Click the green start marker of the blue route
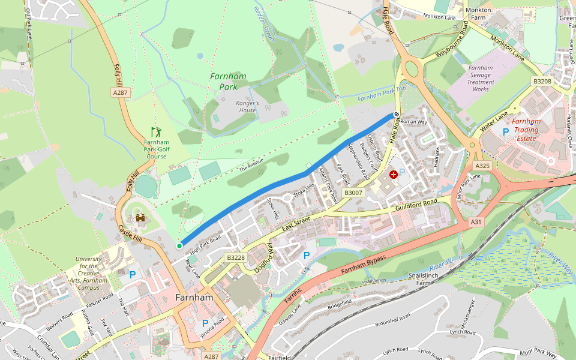pos(179,245)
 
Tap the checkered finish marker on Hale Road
pos(397,114)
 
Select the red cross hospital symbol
pos(394,175)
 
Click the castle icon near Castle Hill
pos(141,220)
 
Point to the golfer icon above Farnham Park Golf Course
pos(157,131)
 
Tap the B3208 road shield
pos(542,81)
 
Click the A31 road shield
pos(476,222)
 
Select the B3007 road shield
pos(353,193)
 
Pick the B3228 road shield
pos(236,257)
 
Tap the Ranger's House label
pos(247,106)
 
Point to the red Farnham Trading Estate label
pos(526,130)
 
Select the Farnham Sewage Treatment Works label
pos(481,79)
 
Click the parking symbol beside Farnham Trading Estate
pos(505,131)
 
